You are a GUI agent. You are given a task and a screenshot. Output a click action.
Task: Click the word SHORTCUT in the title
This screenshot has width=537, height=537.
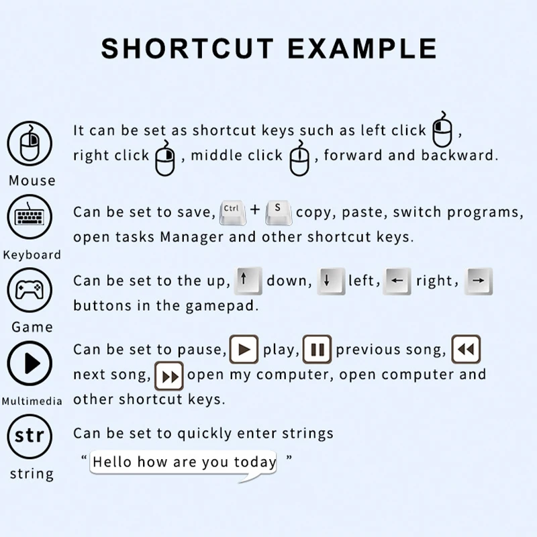tap(187, 48)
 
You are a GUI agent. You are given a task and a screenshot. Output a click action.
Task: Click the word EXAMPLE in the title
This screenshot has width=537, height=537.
tap(362, 48)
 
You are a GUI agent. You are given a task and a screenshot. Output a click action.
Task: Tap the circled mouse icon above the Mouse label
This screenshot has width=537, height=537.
tap(30, 144)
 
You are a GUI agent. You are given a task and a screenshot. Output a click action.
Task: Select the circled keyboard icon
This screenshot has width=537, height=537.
tap(30, 217)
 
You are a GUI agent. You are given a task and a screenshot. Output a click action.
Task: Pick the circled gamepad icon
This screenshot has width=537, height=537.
tap(30, 290)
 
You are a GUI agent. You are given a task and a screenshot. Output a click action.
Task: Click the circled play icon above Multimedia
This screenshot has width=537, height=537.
tap(30, 363)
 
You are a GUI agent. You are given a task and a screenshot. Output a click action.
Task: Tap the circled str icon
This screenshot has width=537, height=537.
tap(30, 436)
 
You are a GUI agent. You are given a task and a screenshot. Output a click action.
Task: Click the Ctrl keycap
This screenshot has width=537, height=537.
tap(232, 212)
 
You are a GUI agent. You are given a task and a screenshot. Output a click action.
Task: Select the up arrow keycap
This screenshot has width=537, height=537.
tap(248, 281)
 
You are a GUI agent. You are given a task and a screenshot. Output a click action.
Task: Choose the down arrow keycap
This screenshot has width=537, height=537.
tap(331, 281)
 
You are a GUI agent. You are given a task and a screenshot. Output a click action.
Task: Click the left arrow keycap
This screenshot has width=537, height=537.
tap(397, 281)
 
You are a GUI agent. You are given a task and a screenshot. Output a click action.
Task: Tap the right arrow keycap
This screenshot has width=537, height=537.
tap(479, 281)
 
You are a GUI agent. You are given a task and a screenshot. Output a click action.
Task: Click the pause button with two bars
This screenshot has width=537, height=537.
tap(317, 349)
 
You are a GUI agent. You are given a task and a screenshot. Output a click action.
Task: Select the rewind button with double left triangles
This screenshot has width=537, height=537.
tap(466, 349)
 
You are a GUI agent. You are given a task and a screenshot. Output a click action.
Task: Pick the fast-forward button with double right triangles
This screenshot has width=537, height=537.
tap(169, 376)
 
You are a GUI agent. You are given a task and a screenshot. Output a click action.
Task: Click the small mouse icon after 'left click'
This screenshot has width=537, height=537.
tap(442, 129)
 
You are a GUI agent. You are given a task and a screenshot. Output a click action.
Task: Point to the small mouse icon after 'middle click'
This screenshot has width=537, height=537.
tap(299, 158)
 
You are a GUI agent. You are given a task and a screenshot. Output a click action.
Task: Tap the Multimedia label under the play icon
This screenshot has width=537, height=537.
tap(32, 401)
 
